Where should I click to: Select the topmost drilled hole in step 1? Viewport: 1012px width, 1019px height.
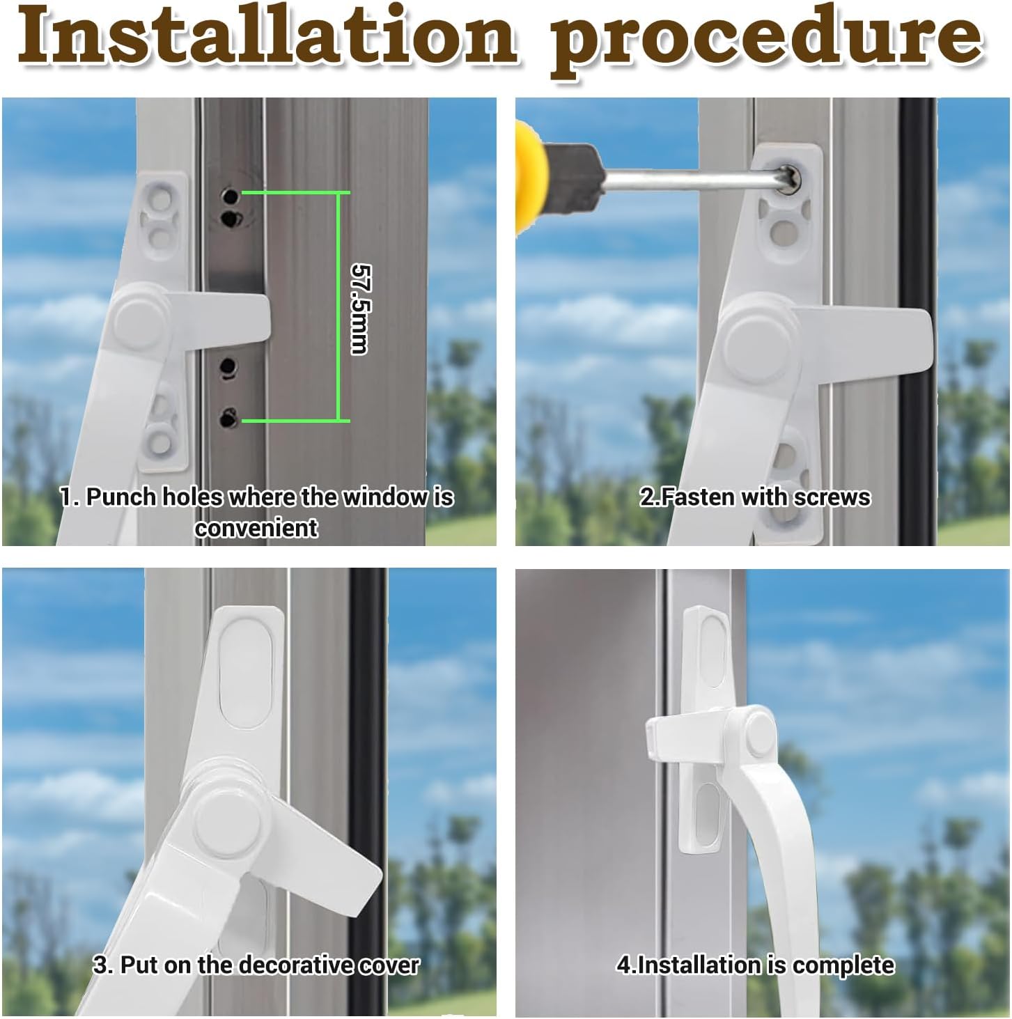point(230,196)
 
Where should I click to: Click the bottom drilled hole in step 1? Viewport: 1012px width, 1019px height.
point(229,418)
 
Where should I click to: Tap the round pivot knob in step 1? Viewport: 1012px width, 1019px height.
point(139,318)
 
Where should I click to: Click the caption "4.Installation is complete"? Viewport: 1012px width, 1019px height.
point(755,965)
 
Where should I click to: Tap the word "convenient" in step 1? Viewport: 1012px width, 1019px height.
point(256,528)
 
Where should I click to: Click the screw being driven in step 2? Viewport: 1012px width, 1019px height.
point(789,178)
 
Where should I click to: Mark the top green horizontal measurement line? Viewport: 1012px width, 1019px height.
point(296,193)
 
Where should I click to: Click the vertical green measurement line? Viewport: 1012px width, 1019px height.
point(337,306)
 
